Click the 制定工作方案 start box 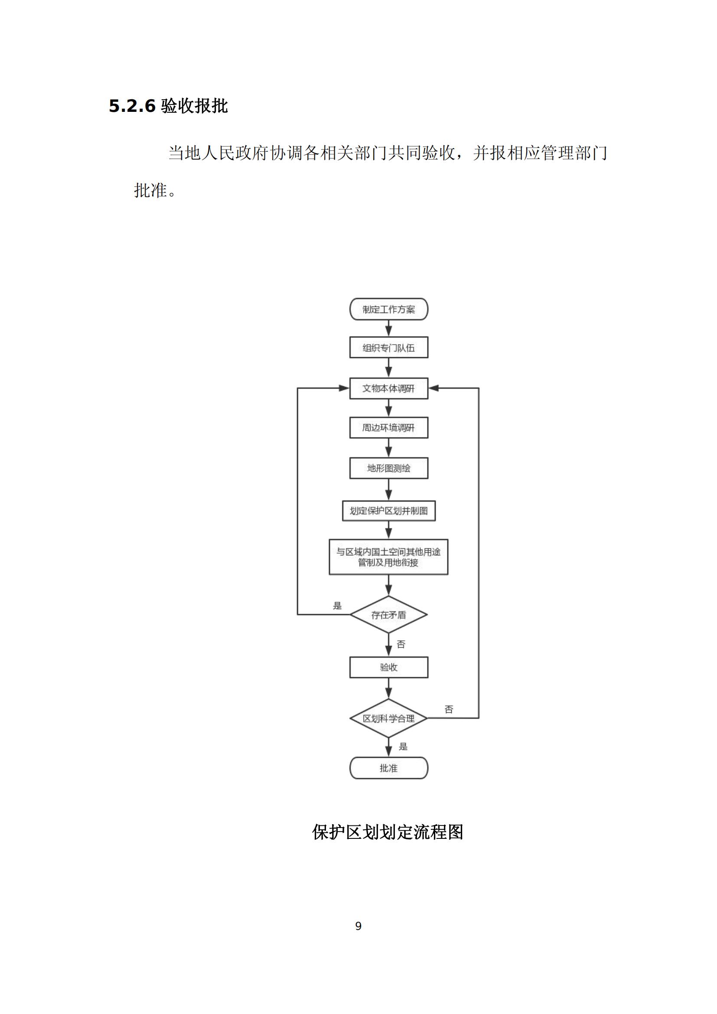point(388,309)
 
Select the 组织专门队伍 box point(388,348)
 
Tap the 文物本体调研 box point(388,388)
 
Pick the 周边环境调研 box point(388,427)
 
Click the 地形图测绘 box point(388,468)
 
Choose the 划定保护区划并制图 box point(388,511)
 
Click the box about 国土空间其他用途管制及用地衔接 point(388,557)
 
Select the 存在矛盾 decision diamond point(388,615)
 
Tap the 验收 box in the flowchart point(388,667)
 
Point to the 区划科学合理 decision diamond point(388,718)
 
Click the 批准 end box point(388,768)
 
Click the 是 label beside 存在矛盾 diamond point(337,606)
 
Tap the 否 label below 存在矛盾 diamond point(401,644)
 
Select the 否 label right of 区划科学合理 point(449,709)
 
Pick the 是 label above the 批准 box point(403,747)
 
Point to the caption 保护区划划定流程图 point(388,832)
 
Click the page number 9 point(358,926)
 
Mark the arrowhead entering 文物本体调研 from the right point(433,388)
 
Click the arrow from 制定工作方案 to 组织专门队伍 point(388,329)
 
